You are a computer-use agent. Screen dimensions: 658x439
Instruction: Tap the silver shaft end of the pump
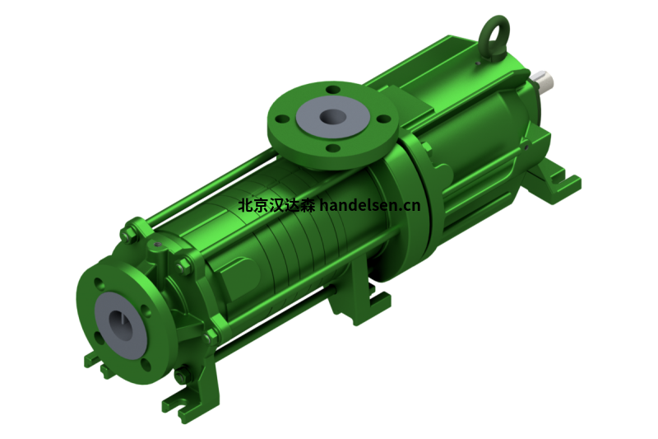click(x=544, y=81)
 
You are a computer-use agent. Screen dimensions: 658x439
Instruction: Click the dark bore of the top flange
click(x=333, y=116)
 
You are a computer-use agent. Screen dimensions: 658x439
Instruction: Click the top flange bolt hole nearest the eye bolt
click(x=333, y=90)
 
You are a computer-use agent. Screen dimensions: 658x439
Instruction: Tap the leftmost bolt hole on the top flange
click(x=283, y=119)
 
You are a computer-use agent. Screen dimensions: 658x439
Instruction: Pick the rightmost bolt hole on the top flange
click(x=383, y=119)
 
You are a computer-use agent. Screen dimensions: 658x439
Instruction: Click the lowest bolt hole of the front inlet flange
click(x=146, y=365)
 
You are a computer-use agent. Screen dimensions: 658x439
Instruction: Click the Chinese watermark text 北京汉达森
click(x=276, y=205)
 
